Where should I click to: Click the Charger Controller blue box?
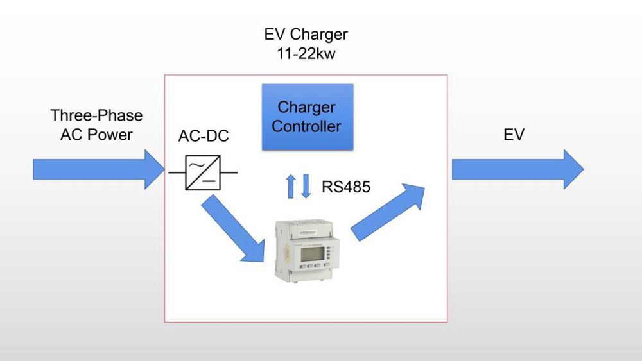(x=308, y=117)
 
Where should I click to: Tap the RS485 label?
(x=345, y=187)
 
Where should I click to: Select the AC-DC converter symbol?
(x=203, y=172)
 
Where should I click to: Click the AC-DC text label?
(x=203, y=137)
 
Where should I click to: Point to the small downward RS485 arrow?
(x=306, y=186)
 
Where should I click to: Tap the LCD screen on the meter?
(x=311, y=246)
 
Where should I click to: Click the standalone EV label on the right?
(x=514, y=135)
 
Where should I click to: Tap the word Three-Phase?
(x=96, y=116)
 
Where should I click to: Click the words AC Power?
(x=96, y=135)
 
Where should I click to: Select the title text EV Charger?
(x=306, y=34)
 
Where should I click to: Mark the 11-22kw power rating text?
(x=306, y=54)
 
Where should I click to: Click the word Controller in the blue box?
(x=306, y=126)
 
